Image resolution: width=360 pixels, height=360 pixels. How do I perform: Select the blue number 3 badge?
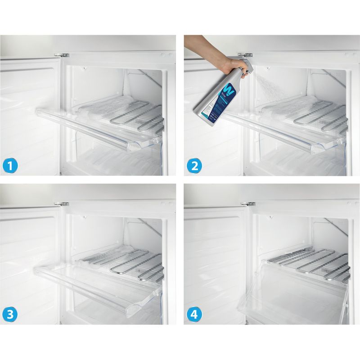[11, 314]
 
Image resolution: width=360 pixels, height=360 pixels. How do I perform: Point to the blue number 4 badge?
[194, 314]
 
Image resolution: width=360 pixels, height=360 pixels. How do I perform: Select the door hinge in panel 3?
[64, 204]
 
